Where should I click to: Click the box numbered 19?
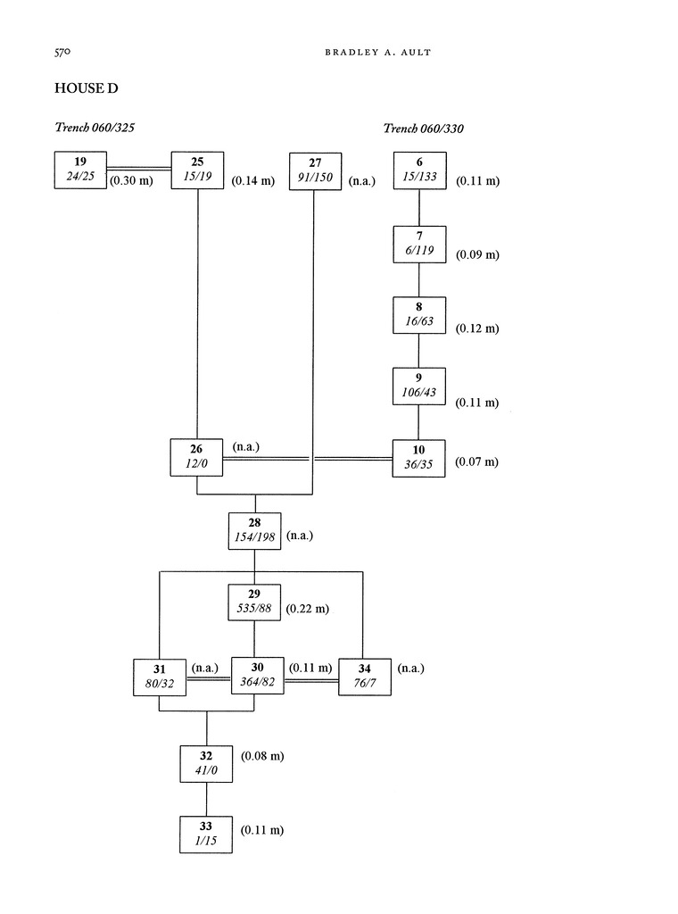pyautogui.click(x=80, y=170)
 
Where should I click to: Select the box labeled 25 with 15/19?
pyautogui.click(x=197, y=170)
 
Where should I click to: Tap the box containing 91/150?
pyautogui.click(x=315, y=170)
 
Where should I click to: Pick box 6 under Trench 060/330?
pyautogui.click(x=419, y=170)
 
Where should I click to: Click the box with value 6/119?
pyautogui.click(x=419, y=244)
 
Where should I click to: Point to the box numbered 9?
pyautogui.click(x=419, y=386)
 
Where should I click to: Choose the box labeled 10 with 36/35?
pyautogui.click(x=419, y=457)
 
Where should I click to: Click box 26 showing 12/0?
pyautogui.click(x=196, y=457)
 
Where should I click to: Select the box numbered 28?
pyautogui.click(x=255, y=530)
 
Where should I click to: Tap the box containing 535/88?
pyautogui.click(x=255, y=602)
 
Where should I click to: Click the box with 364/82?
pyautogui.click(x=257, y=676)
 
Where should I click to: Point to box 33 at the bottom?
pyautogui.click(x=206, y=834)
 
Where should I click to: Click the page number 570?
pyautogui.click(x=62, y=53)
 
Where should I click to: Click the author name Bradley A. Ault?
pyautogui.click(x=371, y=54)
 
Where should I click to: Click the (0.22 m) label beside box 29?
pyautogui.click(x=308, y=610)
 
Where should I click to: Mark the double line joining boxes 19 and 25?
pyautogui.click(x=138, y=167)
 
